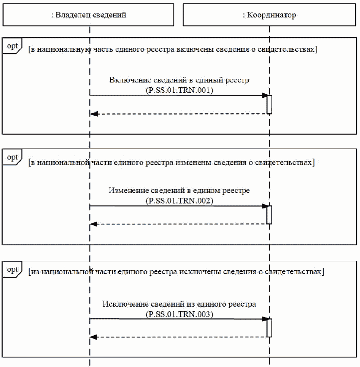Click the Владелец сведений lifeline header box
tap(89, 15)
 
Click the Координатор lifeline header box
tap(269, 15)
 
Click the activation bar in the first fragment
tap(269, 105)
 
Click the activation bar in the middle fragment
tap(269, 215)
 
